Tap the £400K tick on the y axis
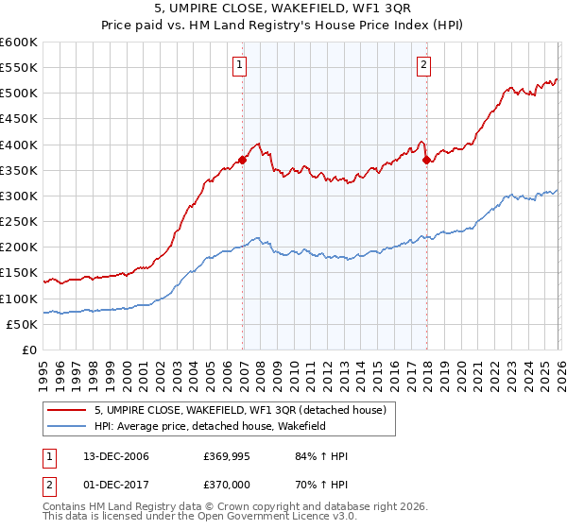click(19, 145)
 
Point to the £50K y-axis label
click(21, 324)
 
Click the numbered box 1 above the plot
click(239, 65)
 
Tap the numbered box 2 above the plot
click(423, 65)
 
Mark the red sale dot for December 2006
click(243, 160)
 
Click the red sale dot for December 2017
click(426, 160)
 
